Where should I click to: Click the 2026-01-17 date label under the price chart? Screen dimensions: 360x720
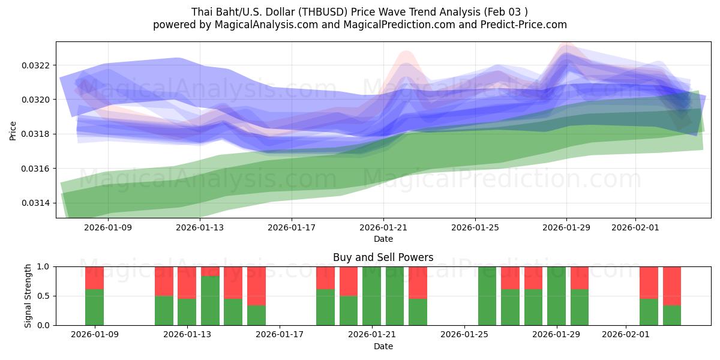(292, 227)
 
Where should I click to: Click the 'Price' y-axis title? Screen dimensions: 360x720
(13, 130)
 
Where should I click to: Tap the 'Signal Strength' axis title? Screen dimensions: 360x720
(28, 296)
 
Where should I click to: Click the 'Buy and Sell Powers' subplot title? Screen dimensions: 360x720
(383, 257)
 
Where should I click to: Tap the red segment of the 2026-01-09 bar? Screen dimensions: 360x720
(95, 278)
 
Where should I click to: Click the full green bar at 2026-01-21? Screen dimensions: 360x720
(372, 296)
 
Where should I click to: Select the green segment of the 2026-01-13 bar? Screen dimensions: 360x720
(187, 311)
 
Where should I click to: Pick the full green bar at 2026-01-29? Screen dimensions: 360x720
(557, 296)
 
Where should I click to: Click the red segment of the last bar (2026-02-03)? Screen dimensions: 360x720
(672, 286)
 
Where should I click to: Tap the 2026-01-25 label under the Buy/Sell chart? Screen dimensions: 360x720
(465, 334)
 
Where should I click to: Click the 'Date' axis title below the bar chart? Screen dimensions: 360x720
(383, 346)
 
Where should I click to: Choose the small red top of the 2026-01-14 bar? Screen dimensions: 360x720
(210, 271)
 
